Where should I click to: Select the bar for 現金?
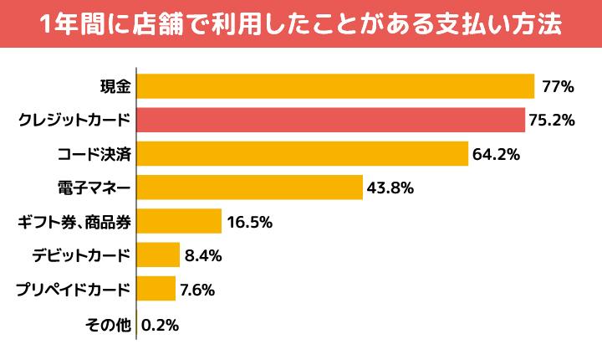334,86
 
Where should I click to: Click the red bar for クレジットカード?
330,120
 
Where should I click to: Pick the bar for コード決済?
301,154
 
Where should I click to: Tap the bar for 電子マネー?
249,188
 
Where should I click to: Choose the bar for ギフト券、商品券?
178,222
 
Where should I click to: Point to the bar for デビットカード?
157,255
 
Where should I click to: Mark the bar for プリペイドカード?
156,289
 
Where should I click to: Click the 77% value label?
556,86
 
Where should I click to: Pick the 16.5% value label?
249,222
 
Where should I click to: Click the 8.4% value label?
201,256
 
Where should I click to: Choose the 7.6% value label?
197,290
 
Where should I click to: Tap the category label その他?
109,324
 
